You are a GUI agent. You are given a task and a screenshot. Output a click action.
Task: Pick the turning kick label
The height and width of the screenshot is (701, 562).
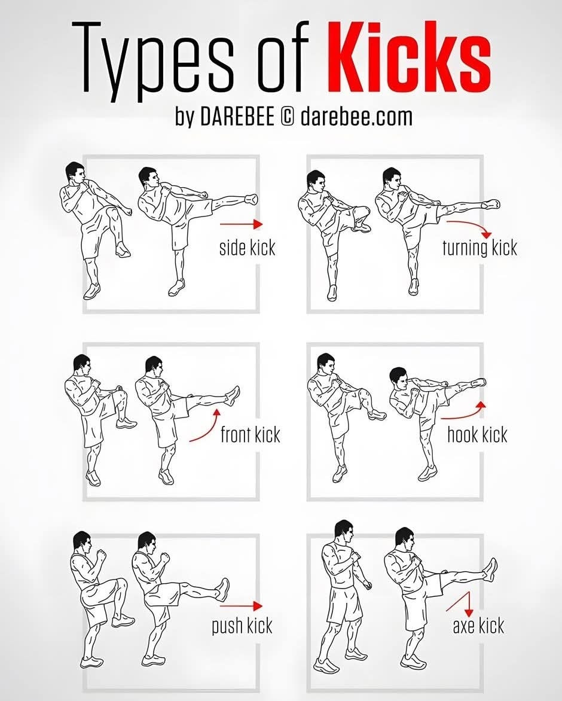pos(479,248)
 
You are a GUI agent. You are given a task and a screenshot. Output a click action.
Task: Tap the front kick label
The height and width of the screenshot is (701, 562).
pos(250,434)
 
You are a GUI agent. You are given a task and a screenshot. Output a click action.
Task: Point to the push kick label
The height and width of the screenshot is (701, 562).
pos(242,626)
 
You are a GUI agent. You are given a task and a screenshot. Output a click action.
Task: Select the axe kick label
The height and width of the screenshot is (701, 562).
pos(478,626)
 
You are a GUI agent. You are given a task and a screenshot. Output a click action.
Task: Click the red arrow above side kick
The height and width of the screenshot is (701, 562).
pos(241,224)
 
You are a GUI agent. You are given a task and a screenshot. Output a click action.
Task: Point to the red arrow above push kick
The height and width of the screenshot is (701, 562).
pos(241,606)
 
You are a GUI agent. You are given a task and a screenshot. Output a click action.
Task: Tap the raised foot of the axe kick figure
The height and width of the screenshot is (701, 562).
pos(490,569)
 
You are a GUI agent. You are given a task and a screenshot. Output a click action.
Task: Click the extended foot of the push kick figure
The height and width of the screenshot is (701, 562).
pos(222,590)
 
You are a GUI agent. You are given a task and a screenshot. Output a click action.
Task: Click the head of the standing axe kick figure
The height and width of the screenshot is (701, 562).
pos(344,532)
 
